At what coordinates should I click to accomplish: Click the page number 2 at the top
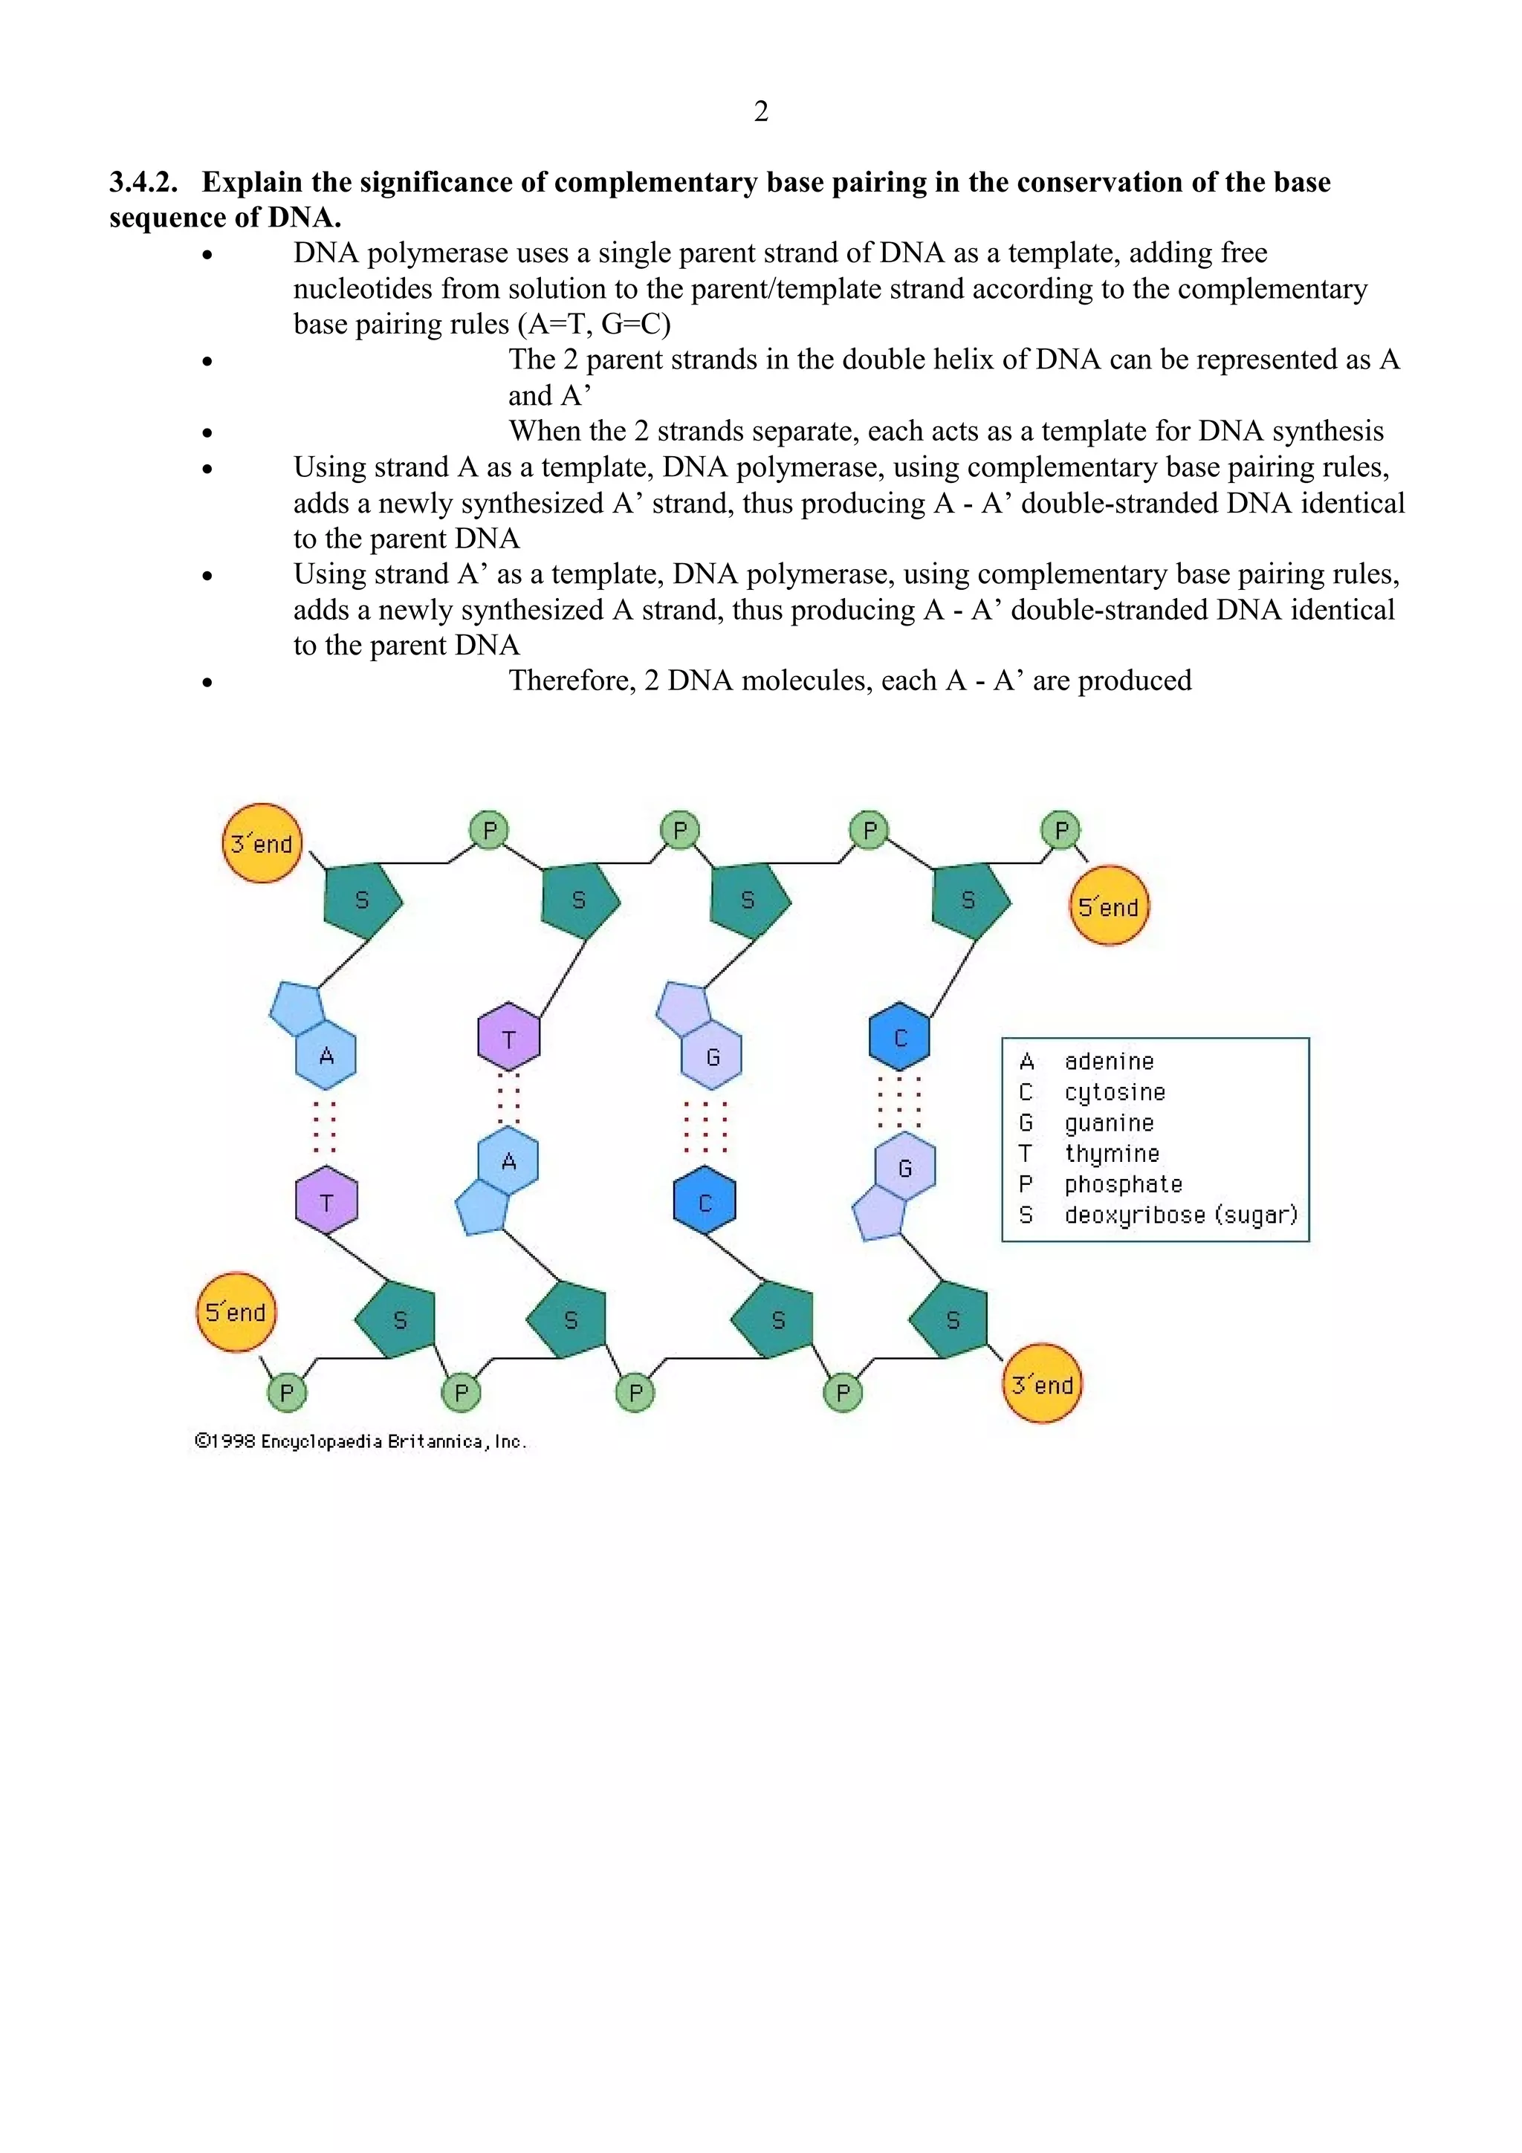pos(760,111)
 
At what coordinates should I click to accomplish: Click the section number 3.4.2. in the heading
pos(143,182)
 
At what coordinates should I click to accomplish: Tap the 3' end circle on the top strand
pos(262,843)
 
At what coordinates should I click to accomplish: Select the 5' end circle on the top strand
pos(1109,906)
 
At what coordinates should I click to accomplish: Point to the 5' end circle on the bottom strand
pos(236,1311)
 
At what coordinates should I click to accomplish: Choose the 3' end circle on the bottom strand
pos(1042,1384)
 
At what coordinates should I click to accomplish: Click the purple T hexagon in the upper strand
pos(508,1038)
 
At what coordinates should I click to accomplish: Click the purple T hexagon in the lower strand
pos(326,1201)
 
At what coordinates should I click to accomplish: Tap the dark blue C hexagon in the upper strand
pos(899,1037)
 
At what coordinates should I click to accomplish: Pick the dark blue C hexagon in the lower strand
pos(705,1202)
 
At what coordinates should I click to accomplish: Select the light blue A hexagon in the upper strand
pos(326,1056)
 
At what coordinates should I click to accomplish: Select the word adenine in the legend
pos(1109,1062)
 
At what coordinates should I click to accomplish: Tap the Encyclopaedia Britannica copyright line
pos(361,1441)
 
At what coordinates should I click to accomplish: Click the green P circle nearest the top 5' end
pos(1060,830)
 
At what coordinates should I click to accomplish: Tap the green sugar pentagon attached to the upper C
pos(970,899)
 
